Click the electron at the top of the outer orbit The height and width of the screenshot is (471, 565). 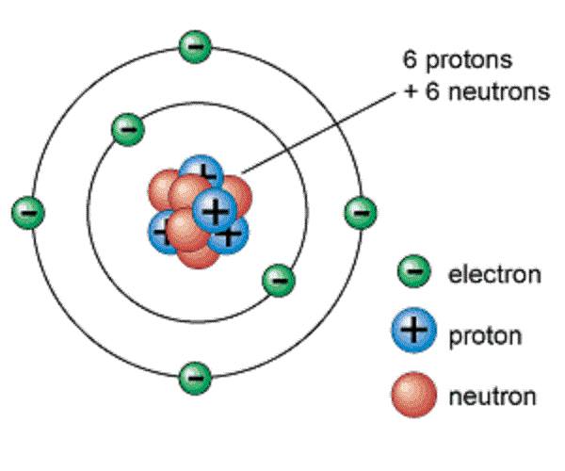(194, 45)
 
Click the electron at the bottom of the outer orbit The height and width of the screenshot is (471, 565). (194, 377)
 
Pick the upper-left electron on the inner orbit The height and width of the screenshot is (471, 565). (127, 129)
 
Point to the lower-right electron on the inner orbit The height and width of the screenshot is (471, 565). (278, 278)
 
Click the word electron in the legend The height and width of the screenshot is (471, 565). (494, 275)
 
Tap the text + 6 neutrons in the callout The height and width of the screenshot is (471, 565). (472, 92)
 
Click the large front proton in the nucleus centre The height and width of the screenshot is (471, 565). (215, 208)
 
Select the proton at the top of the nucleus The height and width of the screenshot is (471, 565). (201, 174)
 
